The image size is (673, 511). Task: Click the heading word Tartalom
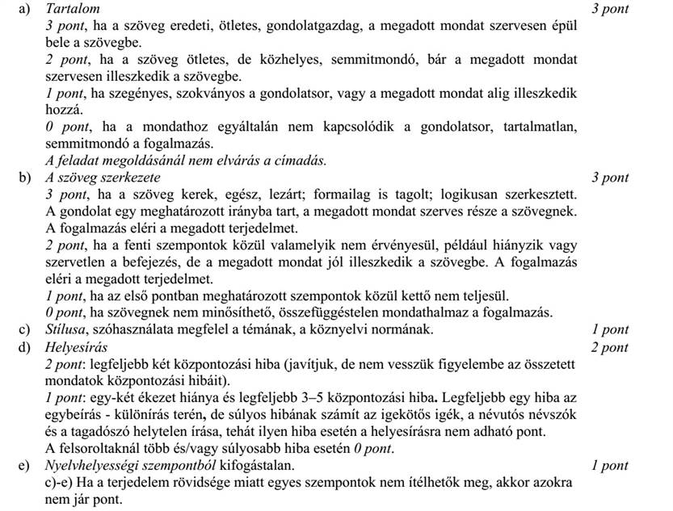click(x=74, y=9)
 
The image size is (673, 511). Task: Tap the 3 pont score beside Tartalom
click(x=610, y=9)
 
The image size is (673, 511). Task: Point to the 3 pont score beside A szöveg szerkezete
click(x=610, y=178)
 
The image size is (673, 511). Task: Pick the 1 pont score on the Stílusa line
click(x=610, y=329)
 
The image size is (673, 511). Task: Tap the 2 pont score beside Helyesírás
click(x=610, y=348)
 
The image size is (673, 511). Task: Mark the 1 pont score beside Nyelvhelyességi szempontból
click(x=610, y=467)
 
